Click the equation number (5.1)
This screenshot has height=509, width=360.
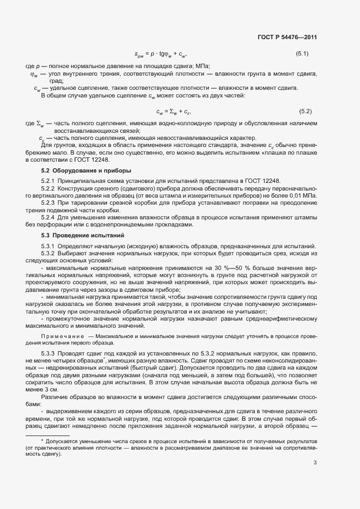[302, 54]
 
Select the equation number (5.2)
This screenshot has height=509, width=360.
[305, 112]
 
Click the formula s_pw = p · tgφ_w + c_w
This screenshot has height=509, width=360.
[160, 54]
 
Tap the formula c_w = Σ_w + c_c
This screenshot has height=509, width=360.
[173, 112]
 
